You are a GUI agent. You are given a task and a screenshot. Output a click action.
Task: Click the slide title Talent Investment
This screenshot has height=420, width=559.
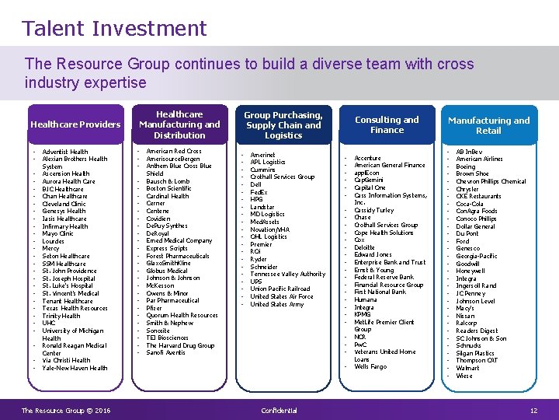pos(114,29)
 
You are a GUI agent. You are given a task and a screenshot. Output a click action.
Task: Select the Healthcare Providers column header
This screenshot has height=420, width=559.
pos(75,124)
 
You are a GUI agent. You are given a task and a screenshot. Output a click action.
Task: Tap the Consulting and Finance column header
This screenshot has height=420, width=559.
pos(387,124)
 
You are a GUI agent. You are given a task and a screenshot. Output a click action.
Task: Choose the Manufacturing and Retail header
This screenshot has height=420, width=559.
pos(488,125)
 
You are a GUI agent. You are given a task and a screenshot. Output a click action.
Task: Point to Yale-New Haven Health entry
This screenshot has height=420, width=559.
pos(75,368)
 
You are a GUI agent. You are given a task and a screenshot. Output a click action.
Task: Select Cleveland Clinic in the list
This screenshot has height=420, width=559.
pos(64,204)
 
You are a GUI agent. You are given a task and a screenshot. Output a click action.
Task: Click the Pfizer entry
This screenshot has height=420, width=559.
pos(155,308)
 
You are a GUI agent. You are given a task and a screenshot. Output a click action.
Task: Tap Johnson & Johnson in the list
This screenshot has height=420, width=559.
pos(172,278)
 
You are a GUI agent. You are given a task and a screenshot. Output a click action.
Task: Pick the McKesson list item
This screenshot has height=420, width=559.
pos(160,285)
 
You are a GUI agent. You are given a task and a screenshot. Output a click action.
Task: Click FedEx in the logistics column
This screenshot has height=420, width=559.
pos(259,191)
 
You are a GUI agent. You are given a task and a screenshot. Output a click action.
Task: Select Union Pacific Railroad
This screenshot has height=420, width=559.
pos(279,289)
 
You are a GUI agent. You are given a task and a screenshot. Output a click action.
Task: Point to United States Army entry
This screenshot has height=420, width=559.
pos(277,304)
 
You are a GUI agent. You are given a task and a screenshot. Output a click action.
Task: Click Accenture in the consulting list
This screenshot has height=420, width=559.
pos(367,158)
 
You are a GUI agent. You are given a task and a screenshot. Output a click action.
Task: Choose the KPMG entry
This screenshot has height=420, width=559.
pos(363,315)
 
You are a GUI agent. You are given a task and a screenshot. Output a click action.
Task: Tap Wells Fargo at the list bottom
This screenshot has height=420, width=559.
pos(370,367)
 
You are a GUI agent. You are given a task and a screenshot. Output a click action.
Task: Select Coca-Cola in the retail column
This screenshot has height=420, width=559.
pos(470,204)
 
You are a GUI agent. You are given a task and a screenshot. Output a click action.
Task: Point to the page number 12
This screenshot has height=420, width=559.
pos(533,411)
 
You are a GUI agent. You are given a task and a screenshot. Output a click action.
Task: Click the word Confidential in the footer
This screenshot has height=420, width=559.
pos(279,411)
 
